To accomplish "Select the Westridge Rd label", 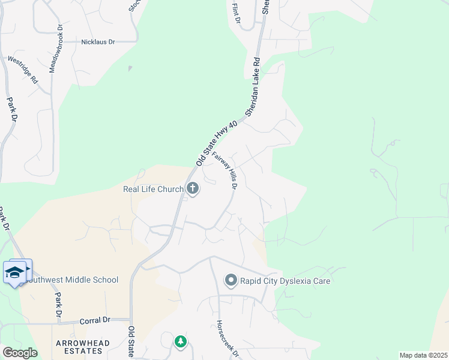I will [x=22, y=70].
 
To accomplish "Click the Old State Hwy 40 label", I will [x=217, y=143].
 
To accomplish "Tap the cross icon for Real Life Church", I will [x=193, y=190].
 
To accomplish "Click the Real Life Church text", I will [x=153, y=190].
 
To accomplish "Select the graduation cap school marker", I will [x=15, y=272].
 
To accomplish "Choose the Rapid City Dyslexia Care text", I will [x=285, y=281].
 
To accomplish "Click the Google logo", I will [x=20, y=353].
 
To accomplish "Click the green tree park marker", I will [x=180, y=341].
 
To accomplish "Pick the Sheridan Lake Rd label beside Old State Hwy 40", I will [x=253, y=87].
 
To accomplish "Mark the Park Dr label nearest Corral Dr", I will [x=58, y=305].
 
